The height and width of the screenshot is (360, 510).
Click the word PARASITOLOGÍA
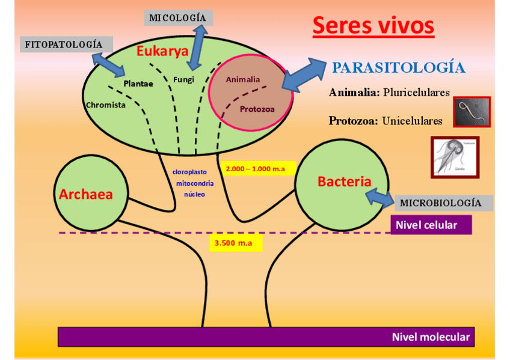[x=399, y=67]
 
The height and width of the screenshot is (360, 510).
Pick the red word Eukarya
[x=162, y=51]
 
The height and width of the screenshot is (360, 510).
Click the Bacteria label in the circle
[x=344, y=182]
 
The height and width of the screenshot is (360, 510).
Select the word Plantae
[x=138, y=84]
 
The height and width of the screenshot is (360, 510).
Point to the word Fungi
[x=183, y=79]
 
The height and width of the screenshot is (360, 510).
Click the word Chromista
[x=106, y=105]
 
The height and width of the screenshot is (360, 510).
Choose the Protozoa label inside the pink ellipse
[x=257, y=109]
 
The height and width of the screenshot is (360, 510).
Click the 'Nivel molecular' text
[x=430, y=337]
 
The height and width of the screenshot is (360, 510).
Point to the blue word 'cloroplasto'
[x=189, y=172]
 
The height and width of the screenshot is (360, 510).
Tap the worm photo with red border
[x=472, y=112]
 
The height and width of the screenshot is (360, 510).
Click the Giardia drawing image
[x=455, y=157]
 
